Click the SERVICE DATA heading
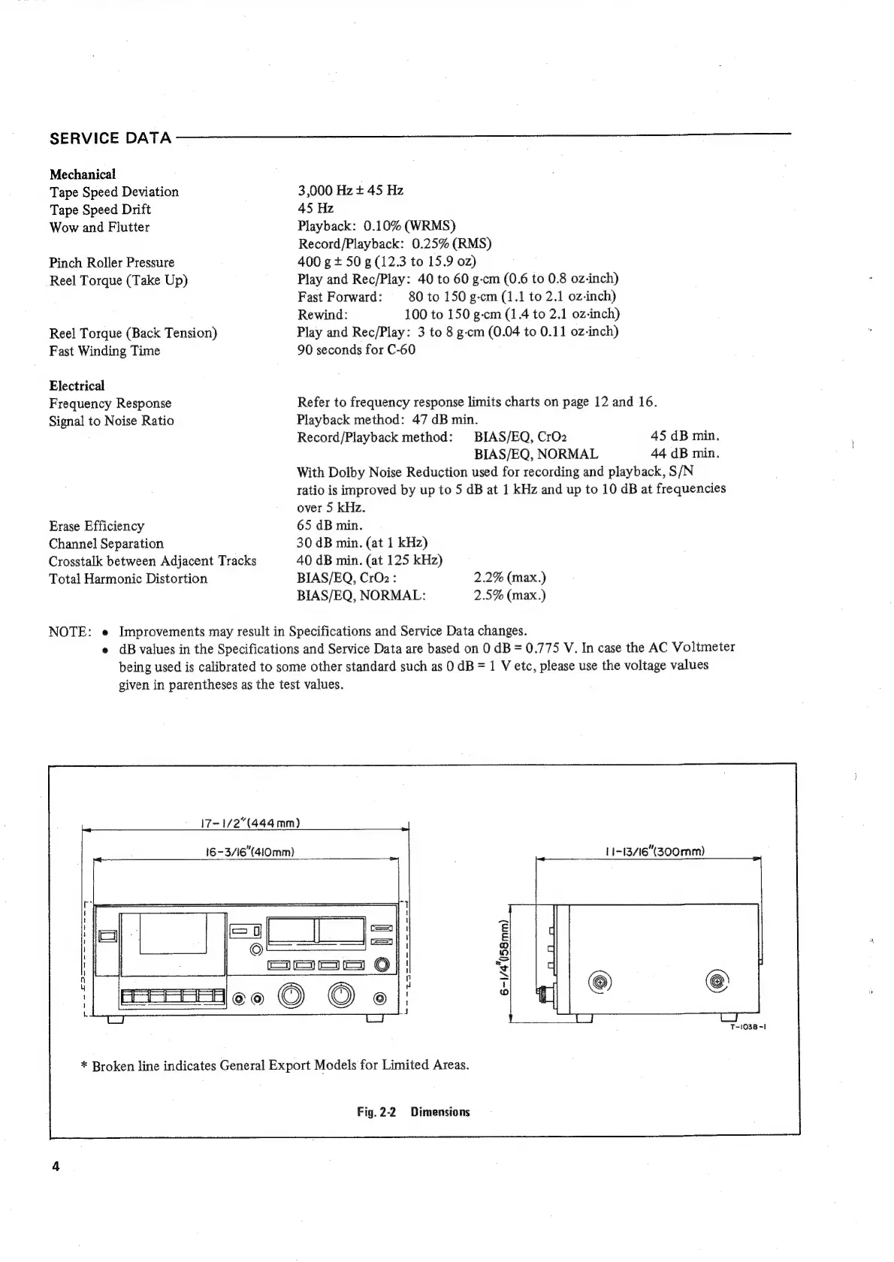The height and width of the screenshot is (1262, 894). (x=110, y=138)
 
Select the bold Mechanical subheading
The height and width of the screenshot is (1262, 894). (x=83, y=174)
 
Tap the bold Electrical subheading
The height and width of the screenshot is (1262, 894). (x=77, y=386)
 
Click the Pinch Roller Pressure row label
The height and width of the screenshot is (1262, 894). (x=112, y=263)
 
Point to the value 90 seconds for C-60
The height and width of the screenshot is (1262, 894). (x=356, y=350)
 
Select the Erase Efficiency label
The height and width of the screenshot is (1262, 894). (x=97, y=526)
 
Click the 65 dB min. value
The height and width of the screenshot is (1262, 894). (x=330, y=525)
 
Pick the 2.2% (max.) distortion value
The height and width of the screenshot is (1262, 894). (x=509, y=578)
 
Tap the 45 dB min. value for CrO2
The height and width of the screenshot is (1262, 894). (x=684, y=436)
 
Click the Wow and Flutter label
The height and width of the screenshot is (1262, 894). (x=100, y=228)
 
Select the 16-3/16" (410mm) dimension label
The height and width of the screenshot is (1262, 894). (x=246, y=852)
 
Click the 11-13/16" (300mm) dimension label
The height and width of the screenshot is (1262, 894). (x=654, y=852)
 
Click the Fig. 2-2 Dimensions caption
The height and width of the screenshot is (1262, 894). (x=413, y=1112)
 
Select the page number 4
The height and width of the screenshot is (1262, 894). (x=56, y=1167)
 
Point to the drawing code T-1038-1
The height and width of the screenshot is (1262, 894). (x=747, y=1027)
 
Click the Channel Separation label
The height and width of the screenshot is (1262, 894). (x=106, y=544)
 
